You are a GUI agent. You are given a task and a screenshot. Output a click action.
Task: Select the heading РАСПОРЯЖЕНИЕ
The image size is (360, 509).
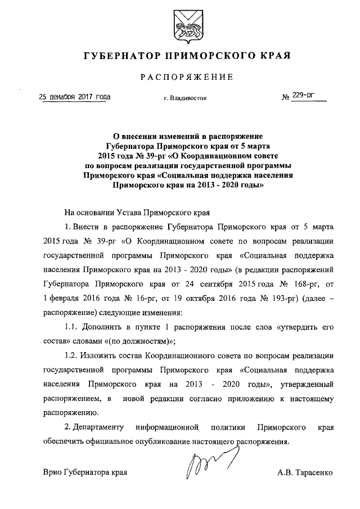coord(186,76)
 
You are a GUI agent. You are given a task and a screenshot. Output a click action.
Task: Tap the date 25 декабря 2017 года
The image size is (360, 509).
coord(74,97)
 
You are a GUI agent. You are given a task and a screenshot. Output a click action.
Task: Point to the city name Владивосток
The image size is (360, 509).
coord(188,98)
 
